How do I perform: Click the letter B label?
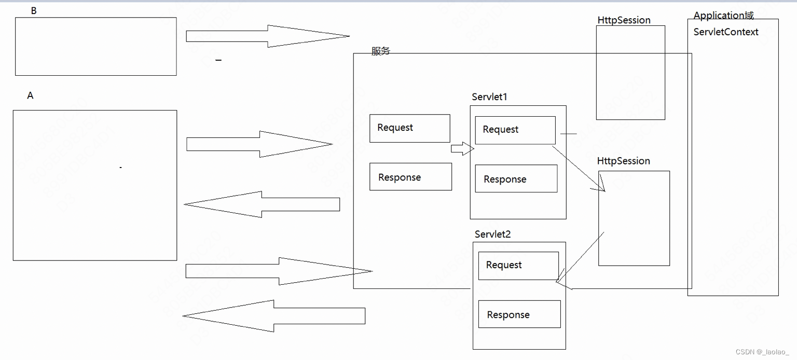34,10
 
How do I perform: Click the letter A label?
30,95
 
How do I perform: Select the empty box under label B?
95,46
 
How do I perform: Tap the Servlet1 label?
489,97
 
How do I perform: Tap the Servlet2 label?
492,234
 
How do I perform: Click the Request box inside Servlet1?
515,130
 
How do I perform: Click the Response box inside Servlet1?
516,179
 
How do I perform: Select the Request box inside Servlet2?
518,266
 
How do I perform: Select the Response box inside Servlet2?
519,314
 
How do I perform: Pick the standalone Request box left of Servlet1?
409,128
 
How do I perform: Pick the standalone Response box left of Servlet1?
410,177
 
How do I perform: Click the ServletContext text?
726,32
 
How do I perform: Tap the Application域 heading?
723,15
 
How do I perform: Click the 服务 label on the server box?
380,51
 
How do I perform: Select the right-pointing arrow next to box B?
267,36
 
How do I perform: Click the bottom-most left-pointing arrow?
273,315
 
